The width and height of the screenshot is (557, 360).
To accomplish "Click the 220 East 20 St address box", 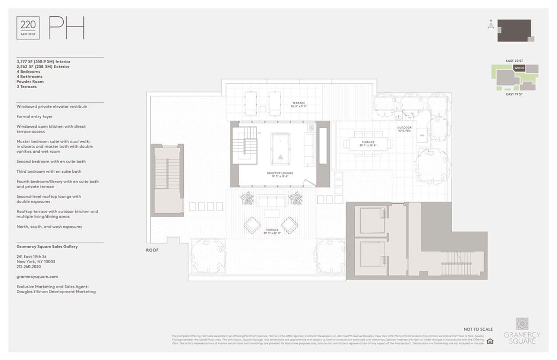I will (28, 27).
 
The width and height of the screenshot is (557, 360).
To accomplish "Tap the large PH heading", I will (67, 28).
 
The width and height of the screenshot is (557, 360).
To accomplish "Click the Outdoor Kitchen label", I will (404, 129).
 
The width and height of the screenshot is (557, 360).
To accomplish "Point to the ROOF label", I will (152, 250).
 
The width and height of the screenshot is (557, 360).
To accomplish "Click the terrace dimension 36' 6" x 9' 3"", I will (298, 105).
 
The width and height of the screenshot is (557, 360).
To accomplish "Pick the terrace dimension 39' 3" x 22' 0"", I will (272, 231).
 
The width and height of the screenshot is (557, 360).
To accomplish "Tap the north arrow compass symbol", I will (490, 25).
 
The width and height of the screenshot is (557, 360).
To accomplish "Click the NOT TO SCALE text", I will (478, 329).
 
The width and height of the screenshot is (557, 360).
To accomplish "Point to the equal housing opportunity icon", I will (490, 341).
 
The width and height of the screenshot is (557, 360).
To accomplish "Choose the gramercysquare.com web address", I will (37, 276).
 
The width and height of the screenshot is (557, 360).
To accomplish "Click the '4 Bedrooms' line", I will (28, 72).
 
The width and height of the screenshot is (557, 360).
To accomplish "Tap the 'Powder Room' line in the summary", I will (30, 82).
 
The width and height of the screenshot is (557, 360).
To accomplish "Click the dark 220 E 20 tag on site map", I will (519, 68).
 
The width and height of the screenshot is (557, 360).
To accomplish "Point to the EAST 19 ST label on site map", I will (514, 94).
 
